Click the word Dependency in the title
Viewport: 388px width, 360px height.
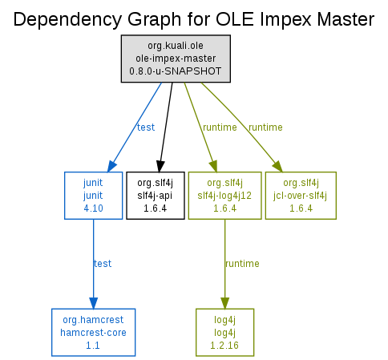tap(68, 20)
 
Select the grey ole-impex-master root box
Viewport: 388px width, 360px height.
tap(176, 59)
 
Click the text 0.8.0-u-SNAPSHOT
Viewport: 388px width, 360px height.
tap(176, 71)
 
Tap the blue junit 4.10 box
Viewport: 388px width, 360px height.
tap(94, 196)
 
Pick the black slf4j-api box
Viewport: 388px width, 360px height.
tap(156, 196)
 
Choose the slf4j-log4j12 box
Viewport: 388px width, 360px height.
tap(224, 196)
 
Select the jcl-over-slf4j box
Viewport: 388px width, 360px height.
tap(301, 196)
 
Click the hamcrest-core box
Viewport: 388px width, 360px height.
tap(94, 333)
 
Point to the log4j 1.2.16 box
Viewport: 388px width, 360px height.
tap(224, 333)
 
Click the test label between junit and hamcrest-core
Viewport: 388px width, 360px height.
tap(103, 264)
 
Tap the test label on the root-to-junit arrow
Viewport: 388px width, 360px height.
tap(146, 127)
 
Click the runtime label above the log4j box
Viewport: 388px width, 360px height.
tap(242, 264)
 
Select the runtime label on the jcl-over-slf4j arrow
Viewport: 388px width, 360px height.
tap(265, 127)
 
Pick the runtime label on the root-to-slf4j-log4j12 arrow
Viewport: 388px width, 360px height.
tap(220, 127)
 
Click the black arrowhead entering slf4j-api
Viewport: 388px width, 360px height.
tap(160, 166)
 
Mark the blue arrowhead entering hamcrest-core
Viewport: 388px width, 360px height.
tap(94, 303)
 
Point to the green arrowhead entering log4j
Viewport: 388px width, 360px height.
tap(224, 303)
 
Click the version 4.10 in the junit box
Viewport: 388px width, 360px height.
tap(93, 208)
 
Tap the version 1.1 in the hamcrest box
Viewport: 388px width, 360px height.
tap(93, 346)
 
